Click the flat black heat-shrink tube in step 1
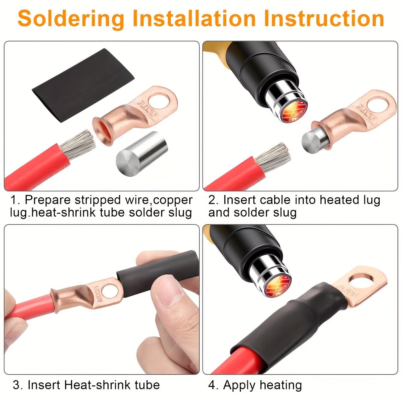tap(83, 85)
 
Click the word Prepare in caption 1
tap(48, 200)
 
